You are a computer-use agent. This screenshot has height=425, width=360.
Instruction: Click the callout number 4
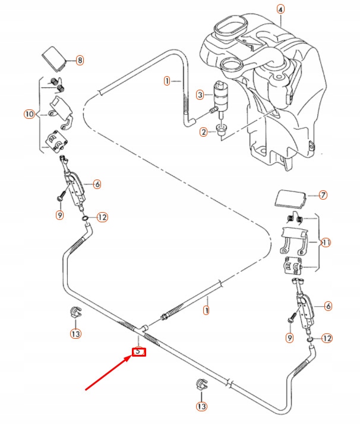point(280,10)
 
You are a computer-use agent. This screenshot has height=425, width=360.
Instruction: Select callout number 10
point(30,114)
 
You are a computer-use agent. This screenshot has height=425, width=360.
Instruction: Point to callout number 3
point(200,95)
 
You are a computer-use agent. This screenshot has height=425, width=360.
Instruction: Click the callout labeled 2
point(203,132)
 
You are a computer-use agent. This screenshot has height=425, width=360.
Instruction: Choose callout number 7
point(323,194)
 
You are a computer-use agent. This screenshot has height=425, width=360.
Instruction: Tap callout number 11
point(326,243)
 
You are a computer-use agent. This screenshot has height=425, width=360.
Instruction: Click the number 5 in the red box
point(138,351)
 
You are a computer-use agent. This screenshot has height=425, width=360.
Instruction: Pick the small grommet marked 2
point(222,130)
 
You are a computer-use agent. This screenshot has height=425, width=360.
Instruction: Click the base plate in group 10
point(56,141)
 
